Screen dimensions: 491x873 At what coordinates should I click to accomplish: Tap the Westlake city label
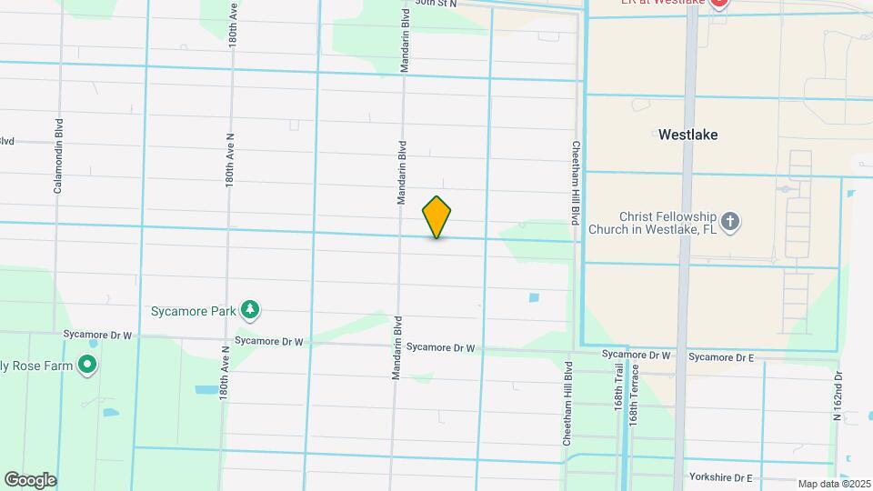pos(687,135)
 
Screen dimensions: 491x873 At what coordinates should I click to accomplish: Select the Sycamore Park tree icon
pos(250,311)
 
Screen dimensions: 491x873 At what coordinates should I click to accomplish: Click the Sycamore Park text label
pos(193,311)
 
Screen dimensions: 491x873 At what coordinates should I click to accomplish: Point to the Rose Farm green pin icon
pos(87,366)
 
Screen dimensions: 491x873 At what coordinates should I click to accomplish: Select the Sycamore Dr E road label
pos(720,357)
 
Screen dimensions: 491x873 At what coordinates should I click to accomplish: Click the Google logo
pos(30,479)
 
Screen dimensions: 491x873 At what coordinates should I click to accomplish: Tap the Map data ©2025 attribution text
pos(834,484)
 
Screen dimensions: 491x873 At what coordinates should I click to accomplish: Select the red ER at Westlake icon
pos(719,3)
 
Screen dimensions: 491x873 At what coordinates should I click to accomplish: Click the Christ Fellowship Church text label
pos(655,223)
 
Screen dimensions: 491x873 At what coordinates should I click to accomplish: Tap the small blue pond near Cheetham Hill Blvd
pos(533,296)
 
